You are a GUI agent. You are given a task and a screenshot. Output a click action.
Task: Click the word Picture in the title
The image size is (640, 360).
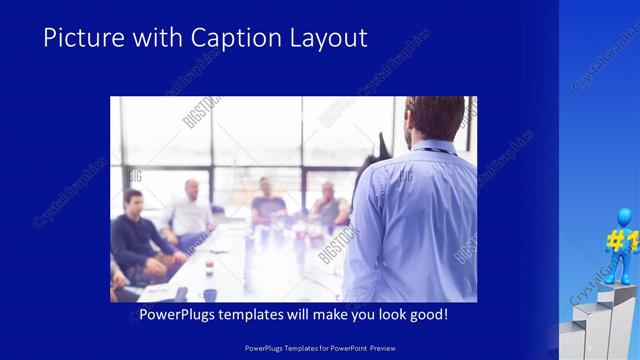(79, 38)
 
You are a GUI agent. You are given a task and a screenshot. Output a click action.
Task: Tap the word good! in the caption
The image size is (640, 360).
(428, 315)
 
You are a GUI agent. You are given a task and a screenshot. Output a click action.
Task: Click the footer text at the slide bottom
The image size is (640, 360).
(320, 347)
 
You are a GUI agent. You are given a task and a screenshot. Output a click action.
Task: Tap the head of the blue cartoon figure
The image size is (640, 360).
(626, 216)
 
